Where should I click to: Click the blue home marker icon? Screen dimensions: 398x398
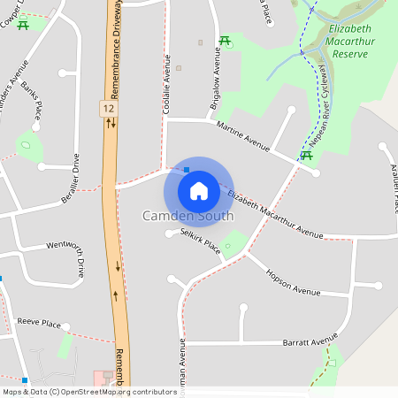(x=198, y=190)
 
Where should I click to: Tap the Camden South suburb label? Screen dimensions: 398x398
(x=188, y=216)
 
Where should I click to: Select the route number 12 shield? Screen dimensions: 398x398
(x=108, y=107)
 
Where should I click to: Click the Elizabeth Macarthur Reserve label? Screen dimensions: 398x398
(x=351, y=41)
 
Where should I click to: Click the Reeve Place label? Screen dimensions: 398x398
(x=39, y=324)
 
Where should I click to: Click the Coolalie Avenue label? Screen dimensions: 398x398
(x=165, y=84)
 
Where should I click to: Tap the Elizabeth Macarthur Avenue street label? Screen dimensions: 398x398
(x=274, y=214)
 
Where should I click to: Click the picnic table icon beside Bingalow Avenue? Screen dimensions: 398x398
(x=226, y=41)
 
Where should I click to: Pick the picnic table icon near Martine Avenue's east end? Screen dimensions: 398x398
(x=306, y=156)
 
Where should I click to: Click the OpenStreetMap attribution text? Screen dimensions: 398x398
(x=89, y=391)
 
